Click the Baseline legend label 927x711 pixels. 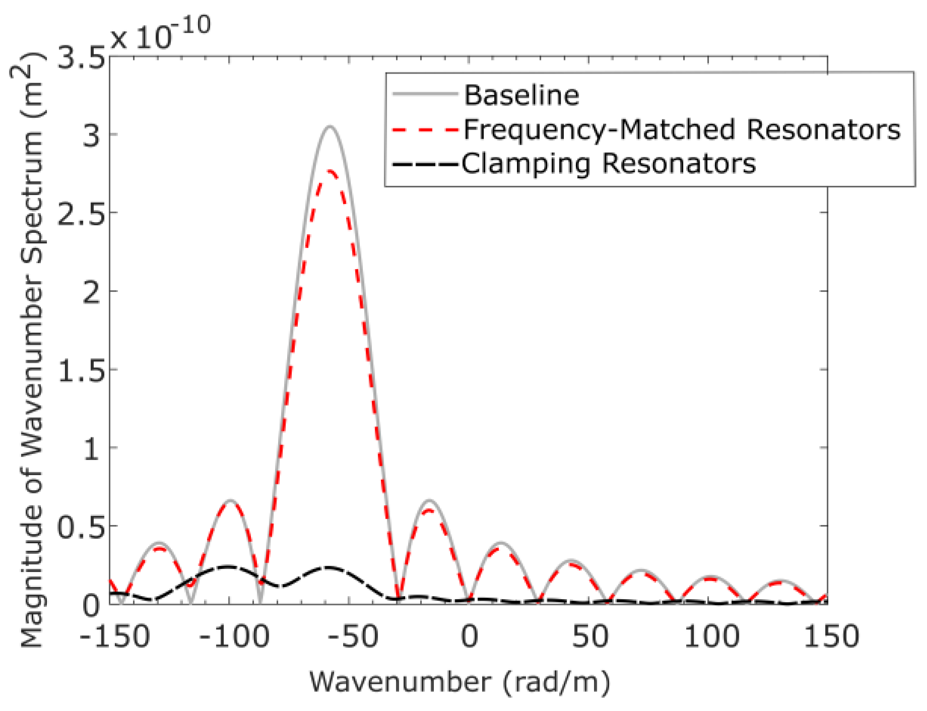click(x=521, y=95)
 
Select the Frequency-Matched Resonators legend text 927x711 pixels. click(x=682, y=130)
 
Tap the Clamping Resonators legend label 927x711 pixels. click(x=609, y=164)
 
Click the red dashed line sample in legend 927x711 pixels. click(x=425, y=130)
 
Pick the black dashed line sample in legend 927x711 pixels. click(x=425, y=164)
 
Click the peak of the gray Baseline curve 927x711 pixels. click(x=330, y=126)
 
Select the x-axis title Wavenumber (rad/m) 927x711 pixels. click(x=459, y=683)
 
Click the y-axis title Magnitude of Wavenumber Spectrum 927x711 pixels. click(x=30, y=348)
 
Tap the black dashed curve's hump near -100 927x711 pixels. click(x=228, y=566)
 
